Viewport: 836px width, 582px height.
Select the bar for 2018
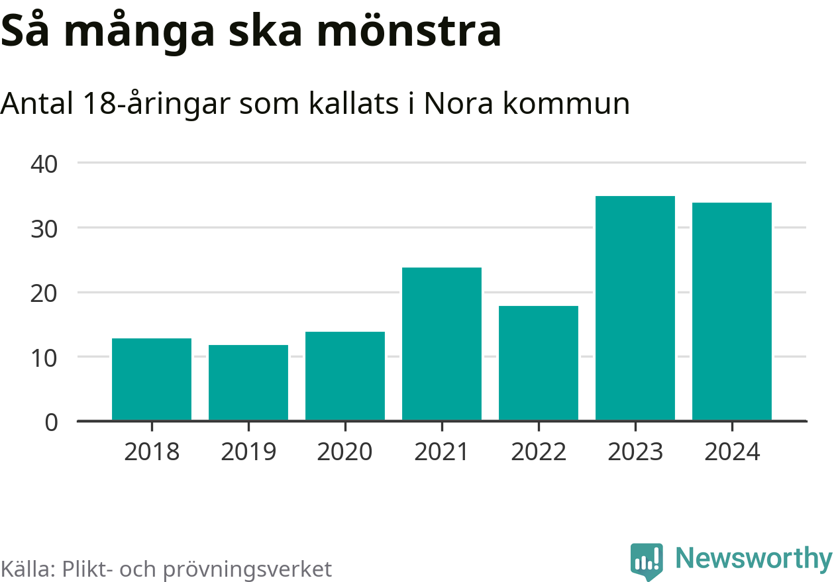click(x=152, y=379)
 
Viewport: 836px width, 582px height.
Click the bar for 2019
click(x=248, y=383)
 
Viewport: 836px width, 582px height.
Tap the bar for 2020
click(x=345, y=376)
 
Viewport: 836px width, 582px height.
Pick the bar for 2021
click(x=442, y=344)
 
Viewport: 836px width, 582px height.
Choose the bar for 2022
click(x=539, y=363)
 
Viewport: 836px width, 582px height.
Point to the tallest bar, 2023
click(x=635, y=308)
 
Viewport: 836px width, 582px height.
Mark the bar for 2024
click(x=732, y=311)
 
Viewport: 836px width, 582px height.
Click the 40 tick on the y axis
click(x=44, y=163)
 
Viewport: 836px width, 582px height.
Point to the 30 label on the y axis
click(x=44, y=228)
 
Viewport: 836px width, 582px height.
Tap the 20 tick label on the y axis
click(x=44, y=293)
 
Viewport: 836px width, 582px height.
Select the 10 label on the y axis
click(x=44, y=357)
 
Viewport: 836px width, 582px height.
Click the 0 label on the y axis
click(x=52, y=422)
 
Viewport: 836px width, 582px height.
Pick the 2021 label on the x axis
click(x=442, y=452)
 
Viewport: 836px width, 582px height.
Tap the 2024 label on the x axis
click(x=732, y=452)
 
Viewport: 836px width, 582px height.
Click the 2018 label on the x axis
click(x=152, y=452)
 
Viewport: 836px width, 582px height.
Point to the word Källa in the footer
click(x=27, y=569)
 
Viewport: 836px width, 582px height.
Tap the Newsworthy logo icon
click(x=647, y=561)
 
